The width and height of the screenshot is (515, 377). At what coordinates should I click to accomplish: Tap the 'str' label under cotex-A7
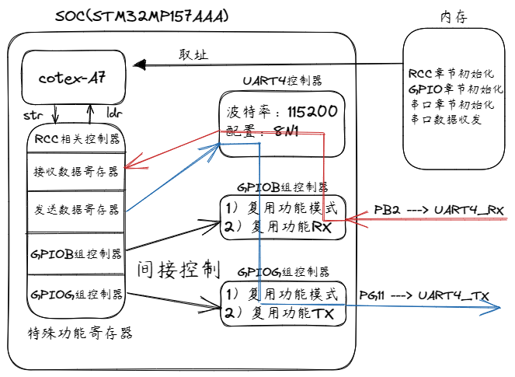coord(33,115)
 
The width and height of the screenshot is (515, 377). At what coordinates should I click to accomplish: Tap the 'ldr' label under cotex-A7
coord(114,115)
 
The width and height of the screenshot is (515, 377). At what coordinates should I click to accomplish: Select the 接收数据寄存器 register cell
coord(76,170)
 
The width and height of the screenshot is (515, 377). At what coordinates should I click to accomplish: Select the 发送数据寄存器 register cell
coord(76,211)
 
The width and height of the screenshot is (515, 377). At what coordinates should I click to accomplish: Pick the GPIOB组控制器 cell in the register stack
coord(76,253)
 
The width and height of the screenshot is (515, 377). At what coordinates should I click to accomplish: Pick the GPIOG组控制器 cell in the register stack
coord(76,295)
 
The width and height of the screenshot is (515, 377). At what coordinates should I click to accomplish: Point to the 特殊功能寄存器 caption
coord(80,333)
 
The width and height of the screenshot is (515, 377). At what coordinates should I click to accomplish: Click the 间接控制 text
coord(179,270)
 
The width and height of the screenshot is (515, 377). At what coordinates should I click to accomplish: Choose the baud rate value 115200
coord(311,112)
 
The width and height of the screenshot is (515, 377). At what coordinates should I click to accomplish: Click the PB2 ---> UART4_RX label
coord(439,210)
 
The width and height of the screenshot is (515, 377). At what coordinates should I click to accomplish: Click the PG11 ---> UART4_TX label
coord(423,295)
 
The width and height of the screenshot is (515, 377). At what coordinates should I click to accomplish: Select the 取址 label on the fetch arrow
coord(193,54)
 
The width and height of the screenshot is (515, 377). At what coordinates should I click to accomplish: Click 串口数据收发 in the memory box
coord(445,120)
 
